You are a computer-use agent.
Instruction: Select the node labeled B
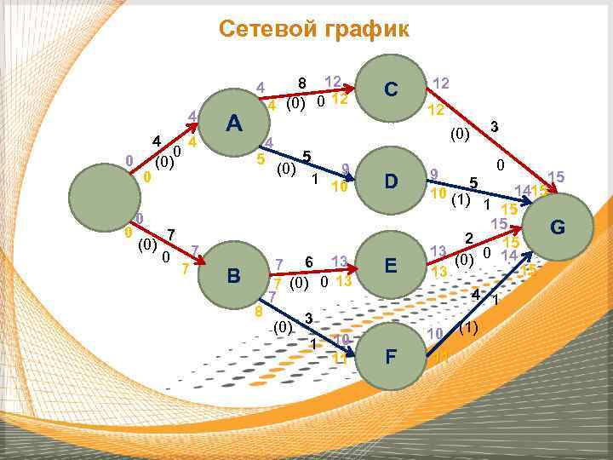(233, 275)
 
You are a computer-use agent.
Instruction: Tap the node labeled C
(391, 88)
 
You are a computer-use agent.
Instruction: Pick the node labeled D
(391, 181)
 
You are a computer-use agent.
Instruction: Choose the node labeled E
(391, 265)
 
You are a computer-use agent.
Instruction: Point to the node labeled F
(391, 355)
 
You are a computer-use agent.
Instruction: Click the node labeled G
(558, 227)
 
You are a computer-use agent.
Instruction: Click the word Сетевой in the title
(266, 29)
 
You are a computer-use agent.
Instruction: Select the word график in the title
(367, 29)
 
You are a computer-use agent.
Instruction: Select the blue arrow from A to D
(315, 162)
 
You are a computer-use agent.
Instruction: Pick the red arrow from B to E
(315, 268)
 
